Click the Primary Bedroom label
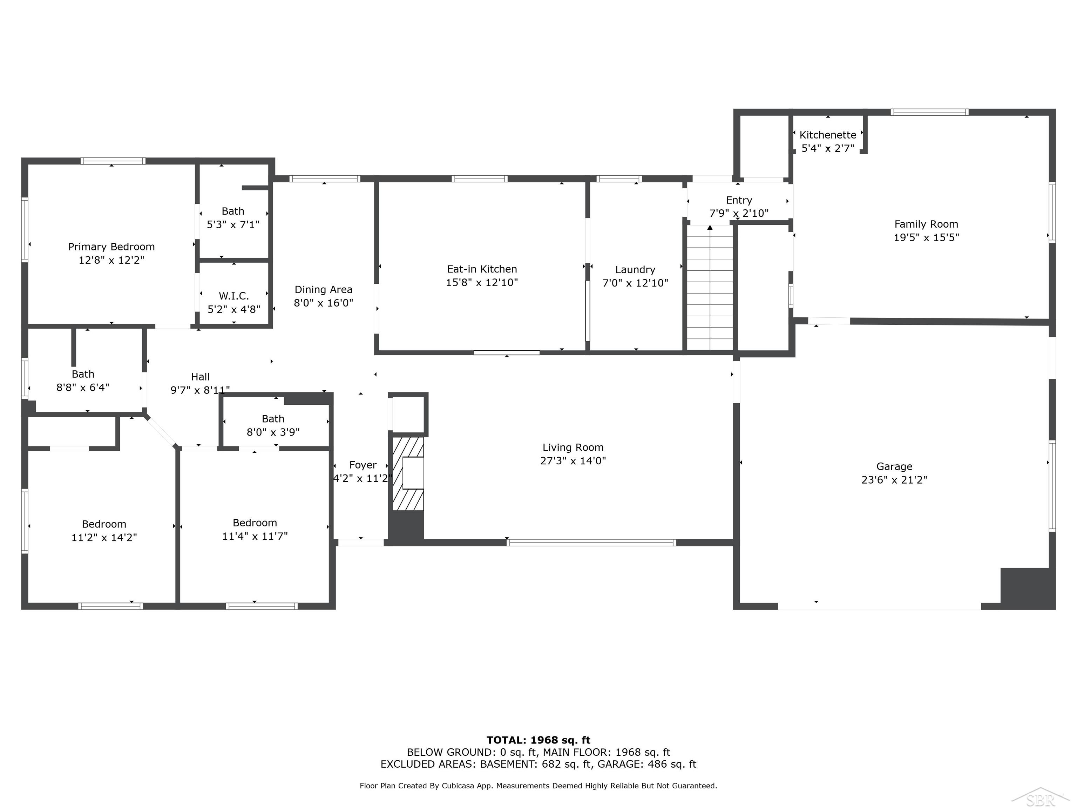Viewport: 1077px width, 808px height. click(111, 247)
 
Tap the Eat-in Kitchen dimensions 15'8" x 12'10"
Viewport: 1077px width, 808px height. click(482, 282)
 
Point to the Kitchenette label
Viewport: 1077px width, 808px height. click(827, 135)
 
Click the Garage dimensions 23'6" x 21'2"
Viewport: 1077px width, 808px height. click(894, 480)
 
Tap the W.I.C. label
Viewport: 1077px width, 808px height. click(234, 296)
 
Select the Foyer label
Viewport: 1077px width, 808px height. click(363, 465)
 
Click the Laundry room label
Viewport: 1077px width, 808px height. click(635, 269)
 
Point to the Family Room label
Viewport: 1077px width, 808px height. click(926, 224)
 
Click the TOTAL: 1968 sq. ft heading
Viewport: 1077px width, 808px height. click(538, 740)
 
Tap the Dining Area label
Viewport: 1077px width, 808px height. click(323, 289)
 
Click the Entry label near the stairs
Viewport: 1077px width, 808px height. click(739, 200)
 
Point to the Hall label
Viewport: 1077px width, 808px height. click(200, 377)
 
